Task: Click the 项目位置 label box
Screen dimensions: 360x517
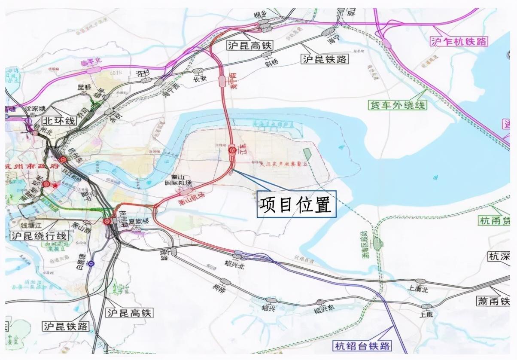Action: [297, 204]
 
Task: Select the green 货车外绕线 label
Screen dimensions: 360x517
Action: [397, 104]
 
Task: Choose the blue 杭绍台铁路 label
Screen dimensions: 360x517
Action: [362, 345]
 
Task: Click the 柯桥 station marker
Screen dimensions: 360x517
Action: [225, 282]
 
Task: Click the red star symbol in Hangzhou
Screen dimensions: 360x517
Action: [55, 185]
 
